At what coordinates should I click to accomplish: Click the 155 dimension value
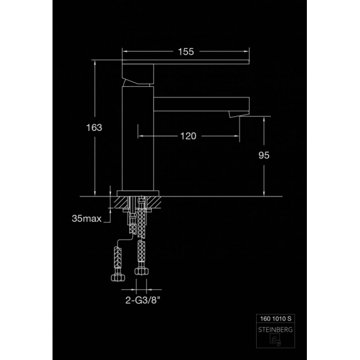(186, 52)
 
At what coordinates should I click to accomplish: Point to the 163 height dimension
(94, 127)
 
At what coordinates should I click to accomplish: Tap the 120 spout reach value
(188, 136)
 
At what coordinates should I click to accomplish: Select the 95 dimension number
(264, 155)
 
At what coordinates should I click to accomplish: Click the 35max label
(87, 218)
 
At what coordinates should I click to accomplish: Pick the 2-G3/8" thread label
(142, 300)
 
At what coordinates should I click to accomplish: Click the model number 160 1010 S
(276, 319)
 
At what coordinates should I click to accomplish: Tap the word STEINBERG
(275, 330)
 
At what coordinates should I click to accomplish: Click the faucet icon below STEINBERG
(275, 339)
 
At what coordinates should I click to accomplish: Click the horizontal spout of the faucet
(201, 104)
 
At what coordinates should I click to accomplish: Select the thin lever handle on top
(185, 62)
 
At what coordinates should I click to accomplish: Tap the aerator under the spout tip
(238, 114)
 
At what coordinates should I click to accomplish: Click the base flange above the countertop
(138, 194)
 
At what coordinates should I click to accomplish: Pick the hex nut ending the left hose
(118, 278)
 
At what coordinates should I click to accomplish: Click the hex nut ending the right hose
(142, 271)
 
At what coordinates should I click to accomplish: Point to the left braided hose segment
(118, 257)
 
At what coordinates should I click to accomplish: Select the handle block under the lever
(138, 74)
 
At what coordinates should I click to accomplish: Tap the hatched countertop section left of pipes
(121, 202)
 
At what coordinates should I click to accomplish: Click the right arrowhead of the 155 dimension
(247, 51)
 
